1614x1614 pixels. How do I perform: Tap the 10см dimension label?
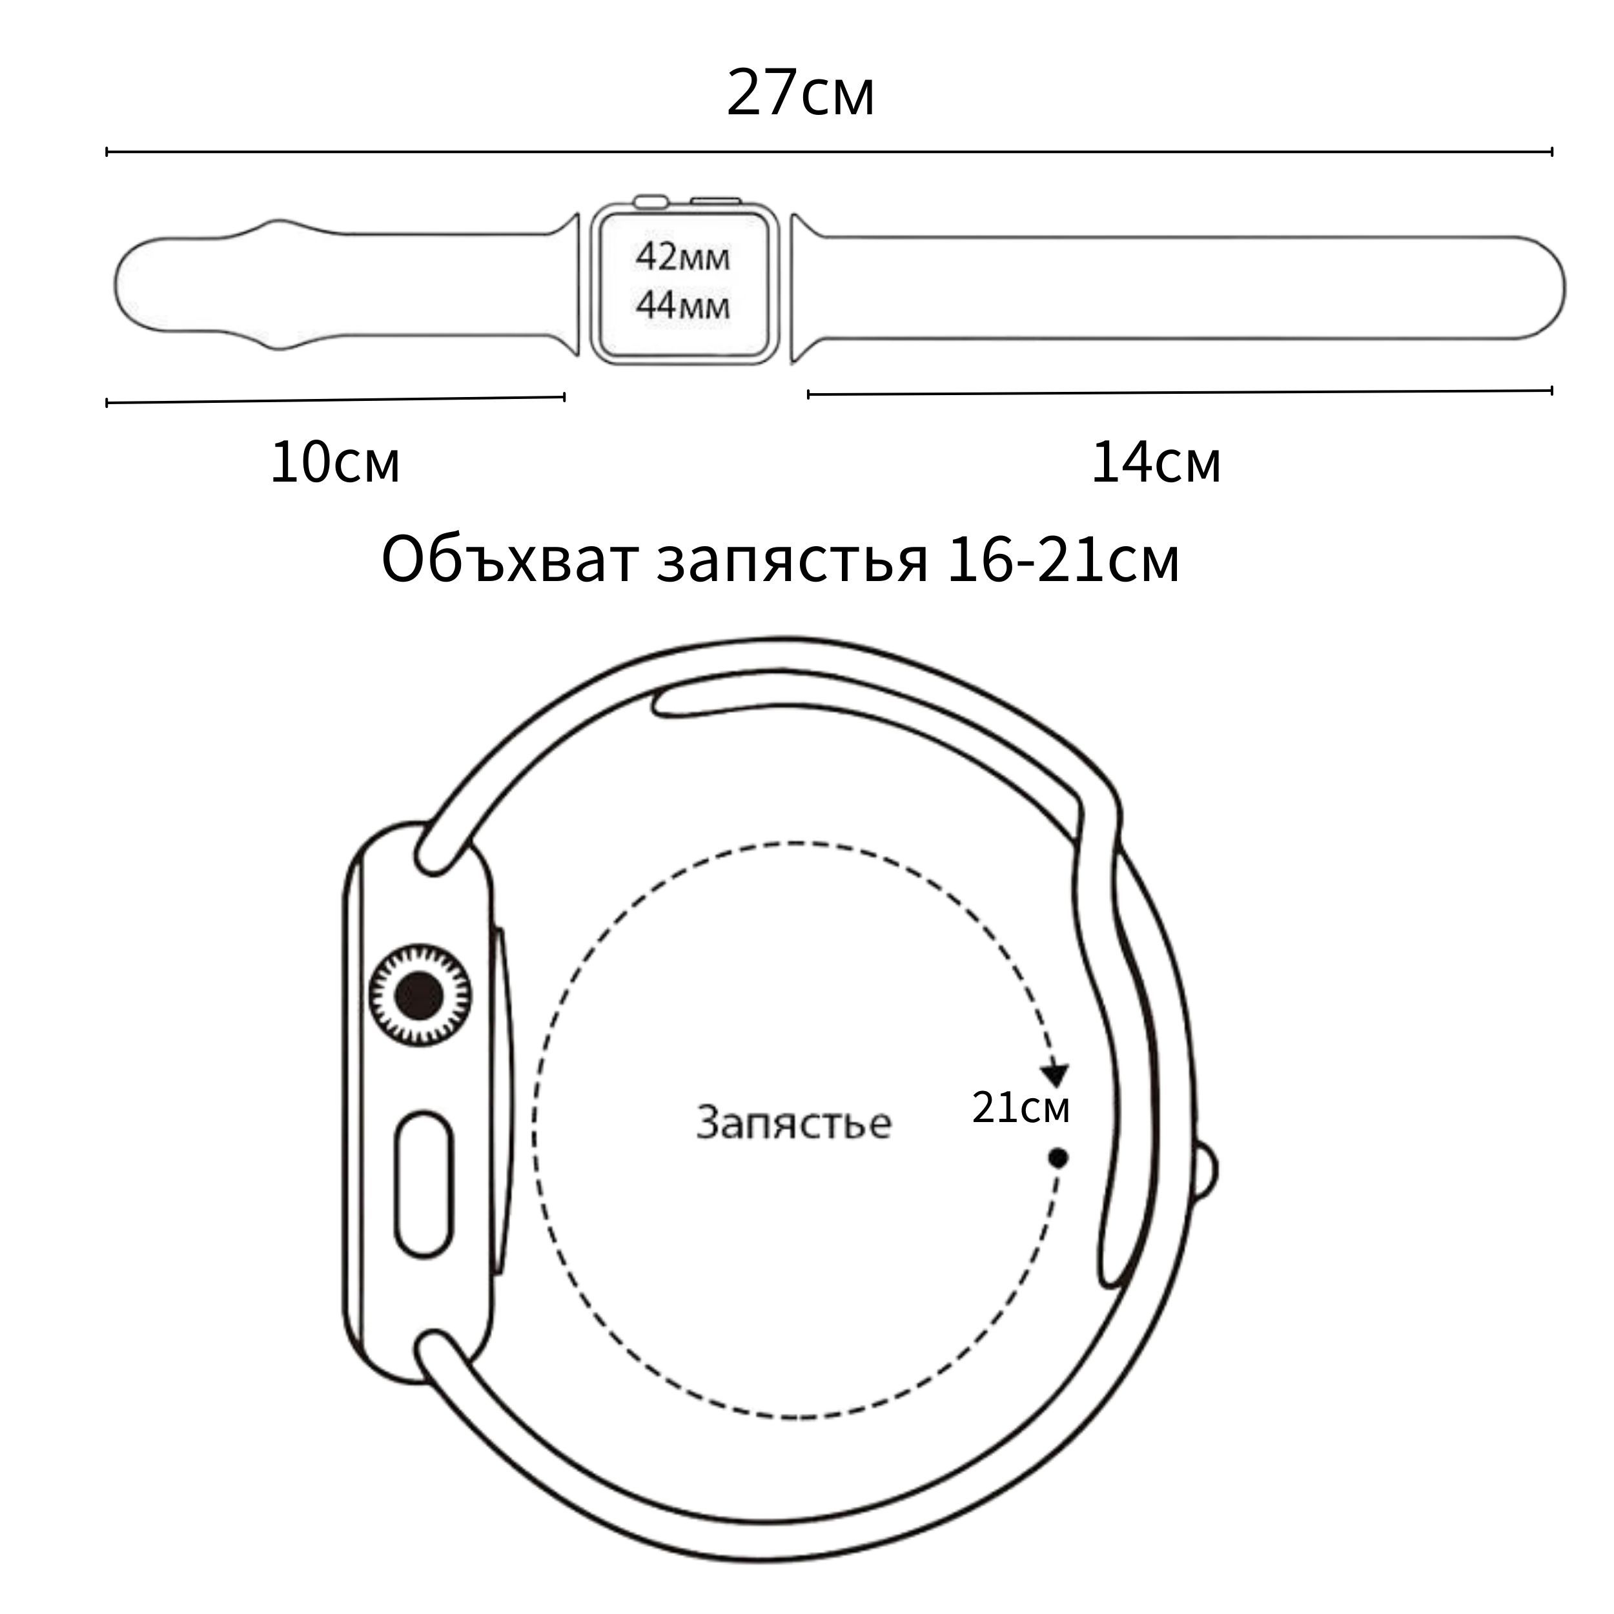[x=335, y=462]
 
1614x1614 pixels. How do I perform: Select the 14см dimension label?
[x=1156, y=462]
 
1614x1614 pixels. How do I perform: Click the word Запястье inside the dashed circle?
[x=793, y=1122]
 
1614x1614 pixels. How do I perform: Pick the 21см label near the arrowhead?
[x=1021, y=1108]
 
